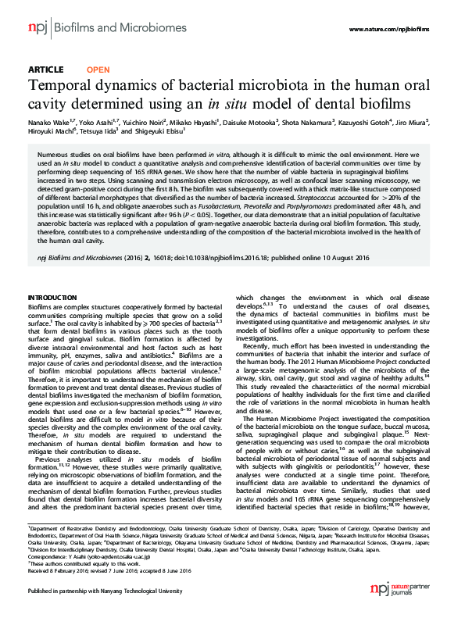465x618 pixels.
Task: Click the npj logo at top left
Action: (38, 28)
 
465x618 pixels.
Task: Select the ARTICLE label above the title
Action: (45, 70)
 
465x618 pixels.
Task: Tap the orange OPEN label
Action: (98, 70)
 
